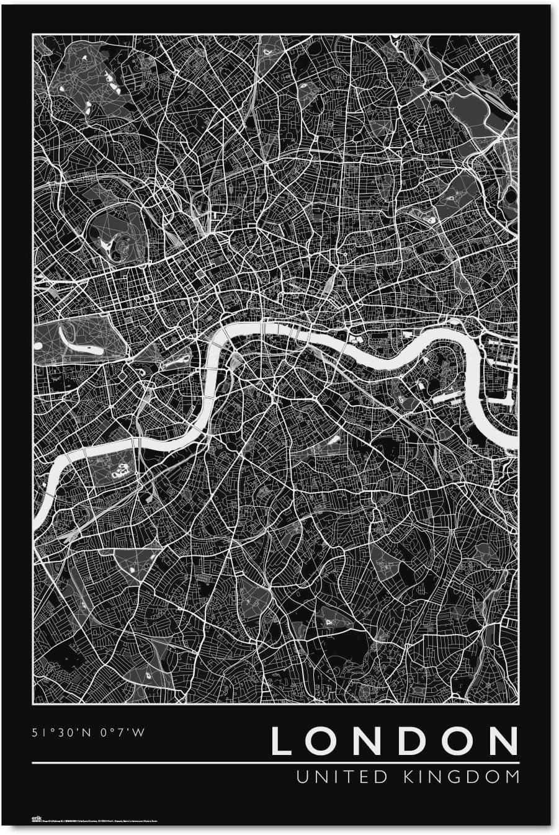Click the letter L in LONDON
point(282,741)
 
